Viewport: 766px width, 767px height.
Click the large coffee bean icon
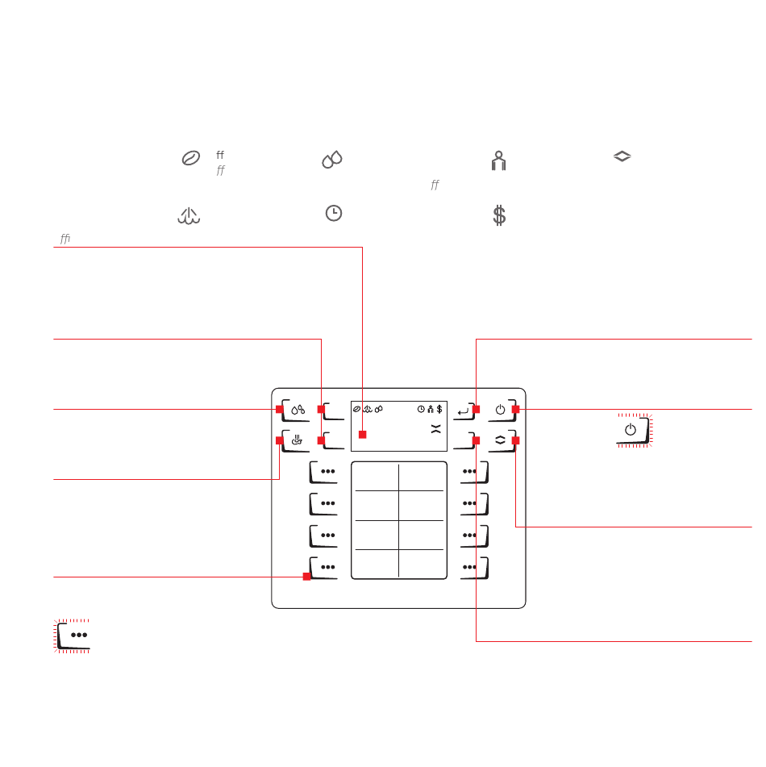click(x=191, y=158)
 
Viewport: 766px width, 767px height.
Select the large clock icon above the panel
click(x=334, y=213)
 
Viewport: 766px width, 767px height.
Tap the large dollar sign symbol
click(x=499, y=215)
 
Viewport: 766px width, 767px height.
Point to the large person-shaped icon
click(x=498, y=161)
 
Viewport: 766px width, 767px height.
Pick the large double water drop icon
click(x=332, y=160)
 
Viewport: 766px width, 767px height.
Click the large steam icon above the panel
click(x=189, y=215)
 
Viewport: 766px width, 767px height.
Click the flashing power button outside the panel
click(x=635, y=431)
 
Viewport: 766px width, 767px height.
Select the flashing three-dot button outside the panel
click(x=72, y=636)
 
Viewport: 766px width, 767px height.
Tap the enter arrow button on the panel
click(x=464, y=411)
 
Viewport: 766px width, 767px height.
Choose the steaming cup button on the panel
click(x=296, y=440)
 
